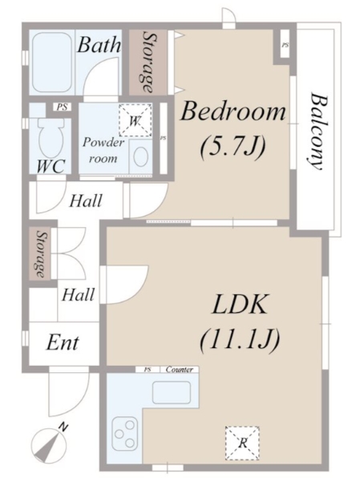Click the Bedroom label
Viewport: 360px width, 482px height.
[x=233, y=111]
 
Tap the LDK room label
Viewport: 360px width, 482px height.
[x=239, y=304]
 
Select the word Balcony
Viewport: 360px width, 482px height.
[x=318, y=131]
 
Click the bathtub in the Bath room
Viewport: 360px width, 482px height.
[x=52, y=63]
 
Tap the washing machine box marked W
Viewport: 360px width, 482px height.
[x=136, y=120]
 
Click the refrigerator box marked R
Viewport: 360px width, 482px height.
[x=242, y=443]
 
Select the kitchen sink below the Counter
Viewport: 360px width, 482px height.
[x=172, y=392]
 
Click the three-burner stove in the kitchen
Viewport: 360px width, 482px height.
[x=125, y=433]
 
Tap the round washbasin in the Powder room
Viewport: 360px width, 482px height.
[x=141, y=156]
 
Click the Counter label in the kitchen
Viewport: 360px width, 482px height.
[x=180, y=369]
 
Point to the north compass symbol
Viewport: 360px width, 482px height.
[x=49, y=441]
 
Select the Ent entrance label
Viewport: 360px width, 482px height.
[x=63, y=342]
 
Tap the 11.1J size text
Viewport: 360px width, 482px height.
[x=240, y=339]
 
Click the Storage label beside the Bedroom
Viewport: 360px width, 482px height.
[x=148, y=63]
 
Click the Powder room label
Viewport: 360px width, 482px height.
[x=103, y=150]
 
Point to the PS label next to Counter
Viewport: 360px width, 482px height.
[x=148, y=370]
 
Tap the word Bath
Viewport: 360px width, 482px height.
[x=99, y=45]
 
